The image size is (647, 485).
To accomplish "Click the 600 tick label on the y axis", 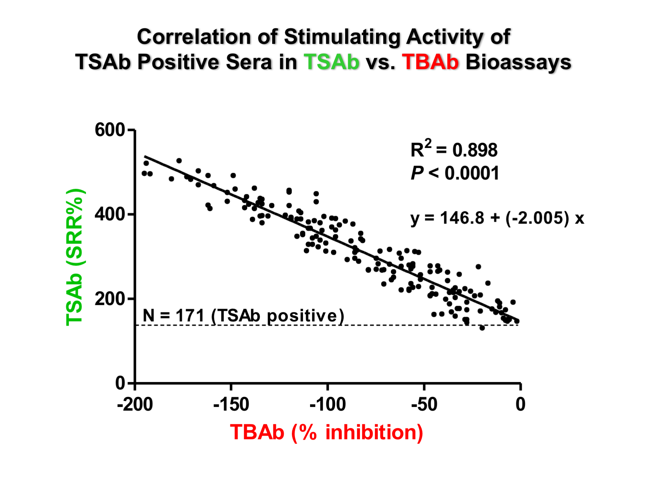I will click(x=109, y=131).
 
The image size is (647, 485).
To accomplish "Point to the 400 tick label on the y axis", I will click(x=109, y=215).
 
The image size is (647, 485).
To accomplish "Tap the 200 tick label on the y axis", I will click(x=109, y=299).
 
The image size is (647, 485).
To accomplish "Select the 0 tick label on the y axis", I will click(x=120, y=383).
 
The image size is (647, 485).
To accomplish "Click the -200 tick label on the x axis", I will click(x=135, y=405).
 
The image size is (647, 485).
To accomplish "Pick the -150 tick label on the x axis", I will click(x=231, y=405).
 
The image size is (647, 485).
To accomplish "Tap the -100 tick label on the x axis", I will click(x=328, y=405).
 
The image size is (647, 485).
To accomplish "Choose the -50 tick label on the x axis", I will click(x=424, y=405).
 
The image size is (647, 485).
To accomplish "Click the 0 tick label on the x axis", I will click(x=520, y=405).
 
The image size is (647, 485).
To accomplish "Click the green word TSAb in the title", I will click(x=331, y=62).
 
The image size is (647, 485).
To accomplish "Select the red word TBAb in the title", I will click(x=430, y=62).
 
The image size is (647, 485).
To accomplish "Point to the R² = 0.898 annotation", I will click(x=453, y=150).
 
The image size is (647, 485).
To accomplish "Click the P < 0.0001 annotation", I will click(x=455, y=173).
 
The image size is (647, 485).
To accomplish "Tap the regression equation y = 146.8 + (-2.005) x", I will click(x=497, y=218).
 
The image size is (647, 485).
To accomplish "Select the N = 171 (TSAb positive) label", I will click(x=243, y=316).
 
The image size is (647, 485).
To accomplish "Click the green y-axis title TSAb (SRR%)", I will click(x=75, y=257).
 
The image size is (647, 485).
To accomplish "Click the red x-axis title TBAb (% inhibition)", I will click(x=326, y=433).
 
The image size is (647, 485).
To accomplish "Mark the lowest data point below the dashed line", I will click(x=482, y=328).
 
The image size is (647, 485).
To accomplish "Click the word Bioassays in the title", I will click(x=518, y=62).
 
